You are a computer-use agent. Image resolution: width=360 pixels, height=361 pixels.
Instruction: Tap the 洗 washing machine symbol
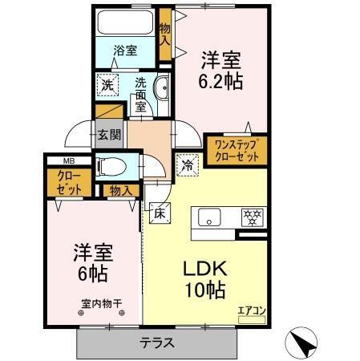click(107, 83)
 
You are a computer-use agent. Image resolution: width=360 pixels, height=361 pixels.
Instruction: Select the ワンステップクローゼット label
click(237, 151)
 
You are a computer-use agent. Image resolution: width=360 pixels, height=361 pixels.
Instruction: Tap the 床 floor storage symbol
click(159, 214)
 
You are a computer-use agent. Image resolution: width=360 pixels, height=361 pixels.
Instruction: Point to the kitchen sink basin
click(207, 217)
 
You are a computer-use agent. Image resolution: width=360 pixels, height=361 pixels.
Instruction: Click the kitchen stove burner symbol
click(250, 216)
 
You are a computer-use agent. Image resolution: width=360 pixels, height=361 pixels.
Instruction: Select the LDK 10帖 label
click(204, 278)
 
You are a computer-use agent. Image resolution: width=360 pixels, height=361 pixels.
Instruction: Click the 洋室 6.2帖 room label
click(221, 70)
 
